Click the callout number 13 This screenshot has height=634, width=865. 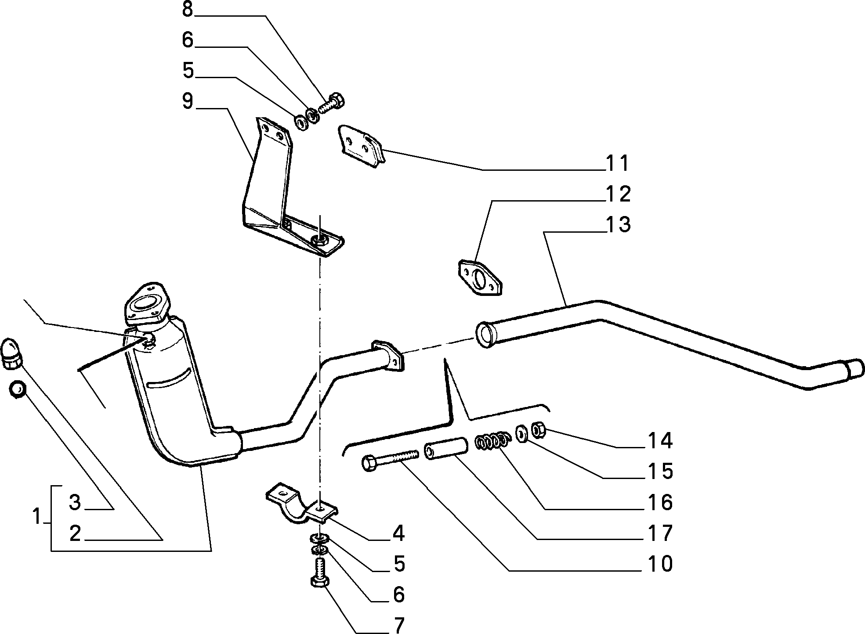coord(619,224)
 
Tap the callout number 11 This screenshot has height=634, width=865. coord(618,163)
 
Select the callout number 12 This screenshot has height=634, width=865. coord(619,194)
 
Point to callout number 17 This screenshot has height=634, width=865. coord(660,533)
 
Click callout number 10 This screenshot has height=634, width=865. coord(660,564)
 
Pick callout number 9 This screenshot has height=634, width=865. coord(188,101)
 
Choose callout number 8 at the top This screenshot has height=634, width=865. coord(188,9)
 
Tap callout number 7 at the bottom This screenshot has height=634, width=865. coord(399,625)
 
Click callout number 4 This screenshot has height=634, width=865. coord(398,533)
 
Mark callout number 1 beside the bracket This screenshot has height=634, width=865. coord(38,516)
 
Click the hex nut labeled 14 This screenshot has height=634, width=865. coord(539,430)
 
